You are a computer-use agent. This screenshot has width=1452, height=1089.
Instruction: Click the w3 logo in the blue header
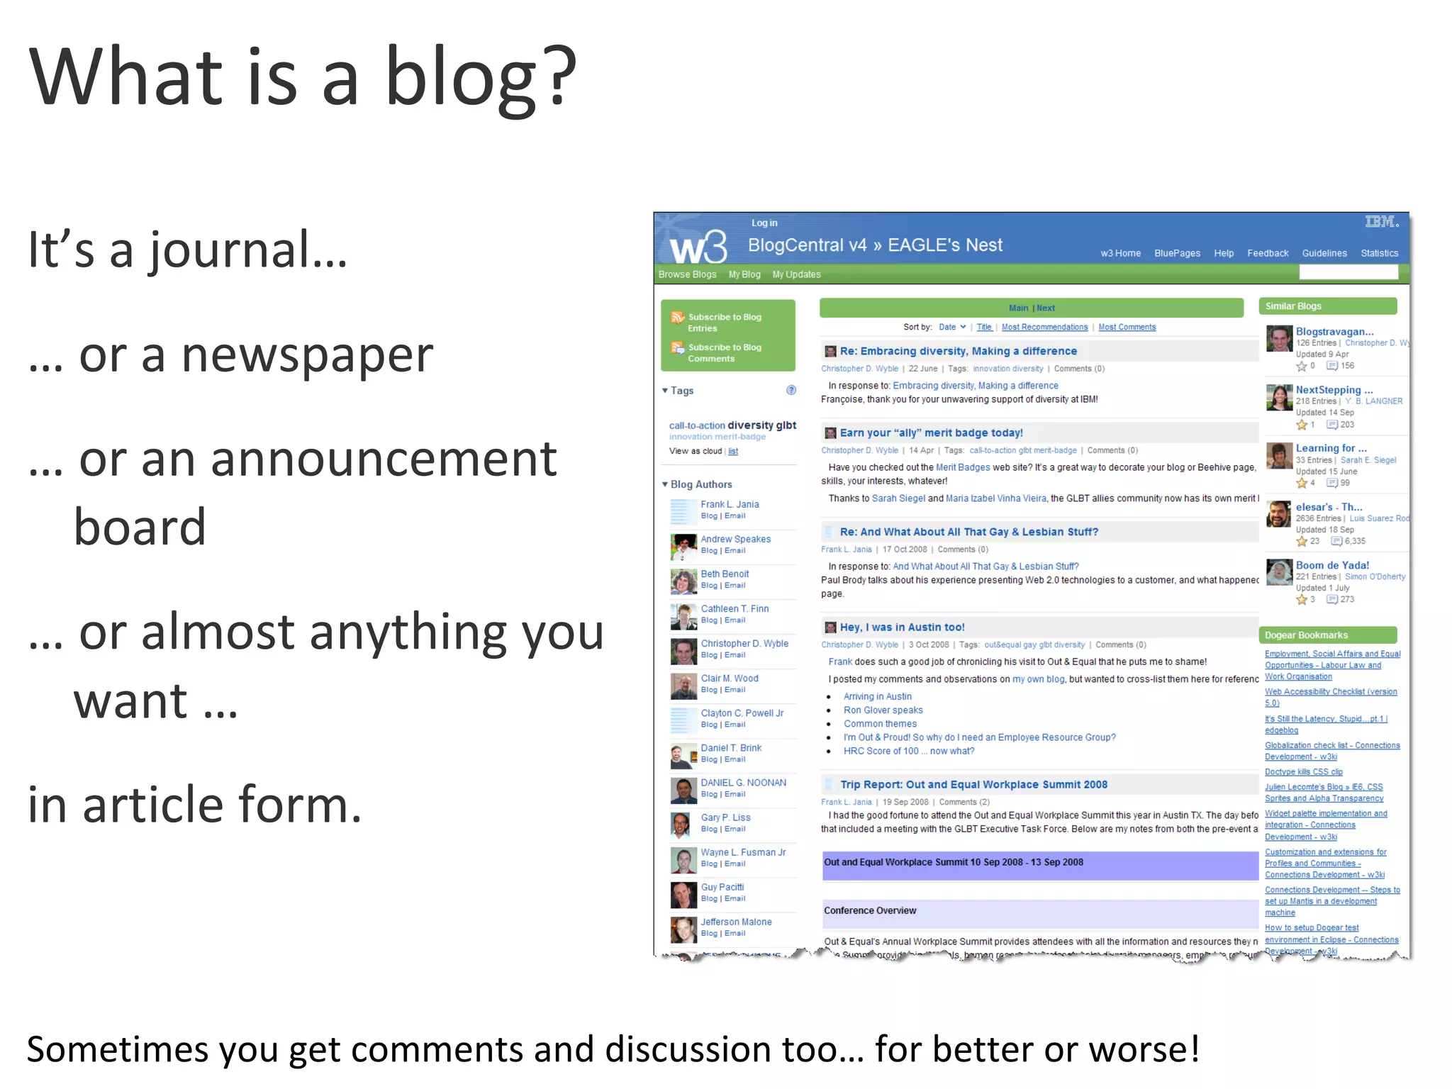[x=698, y=247]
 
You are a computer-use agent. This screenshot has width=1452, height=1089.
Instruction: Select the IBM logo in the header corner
[x=1381, y=222]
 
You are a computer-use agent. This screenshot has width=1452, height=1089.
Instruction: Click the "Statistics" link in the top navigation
[x=1379, y=253]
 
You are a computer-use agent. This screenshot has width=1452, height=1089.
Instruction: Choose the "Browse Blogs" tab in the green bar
[x=687, y=274]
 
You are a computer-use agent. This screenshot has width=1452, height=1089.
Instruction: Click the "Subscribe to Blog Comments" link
[x=724, y=353]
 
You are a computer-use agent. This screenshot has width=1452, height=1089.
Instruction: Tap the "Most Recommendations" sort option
[x=1044, y=327]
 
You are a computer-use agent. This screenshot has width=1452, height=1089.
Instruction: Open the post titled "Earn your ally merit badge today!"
[x=931, y=432]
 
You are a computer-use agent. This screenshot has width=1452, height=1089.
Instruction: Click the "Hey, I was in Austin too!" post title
[x=902, y=627]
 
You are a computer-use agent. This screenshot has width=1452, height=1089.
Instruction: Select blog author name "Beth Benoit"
[x=725, y=574]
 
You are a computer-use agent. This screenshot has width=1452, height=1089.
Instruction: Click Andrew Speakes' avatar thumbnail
[x=683, y=547]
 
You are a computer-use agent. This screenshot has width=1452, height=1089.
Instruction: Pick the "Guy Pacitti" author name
[x=722, y=887]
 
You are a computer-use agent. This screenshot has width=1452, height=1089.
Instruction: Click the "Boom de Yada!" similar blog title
[x=1332, y=565]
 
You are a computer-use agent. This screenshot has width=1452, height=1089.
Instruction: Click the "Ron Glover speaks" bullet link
[x=883, y=710]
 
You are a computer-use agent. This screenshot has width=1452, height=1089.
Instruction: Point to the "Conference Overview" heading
[x=870, y=910]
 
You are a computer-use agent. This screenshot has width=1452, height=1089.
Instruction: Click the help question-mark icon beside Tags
[x=791, y=390]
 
